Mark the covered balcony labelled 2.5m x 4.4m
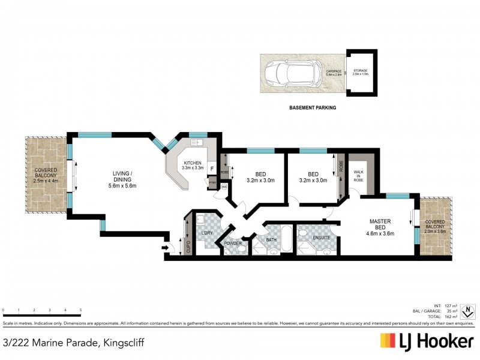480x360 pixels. [x=47, y=175]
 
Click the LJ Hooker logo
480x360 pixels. [x=427, y=341]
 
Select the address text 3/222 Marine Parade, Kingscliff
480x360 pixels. [x=73, y=343]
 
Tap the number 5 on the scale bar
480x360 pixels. [x=80, y=311]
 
